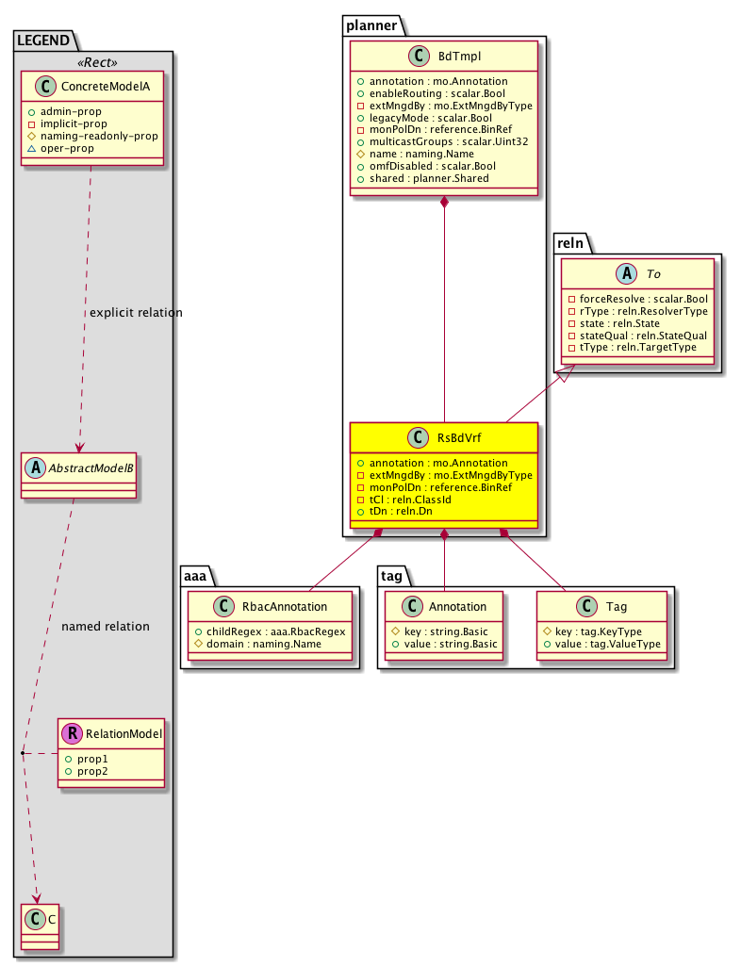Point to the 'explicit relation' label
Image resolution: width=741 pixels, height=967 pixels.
coord(135,312)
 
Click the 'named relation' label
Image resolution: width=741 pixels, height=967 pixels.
coord(105,626)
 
